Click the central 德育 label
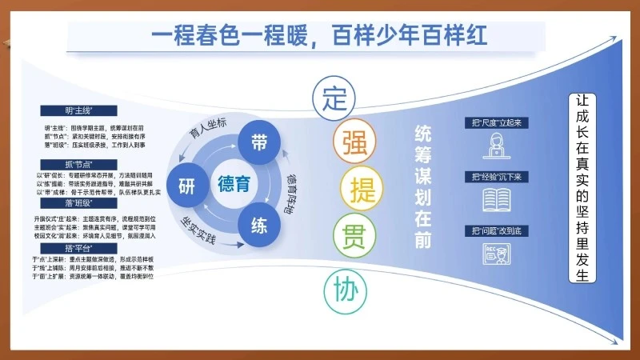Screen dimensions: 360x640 pos(234,182)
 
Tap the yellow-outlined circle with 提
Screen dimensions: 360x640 pos(359,188)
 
